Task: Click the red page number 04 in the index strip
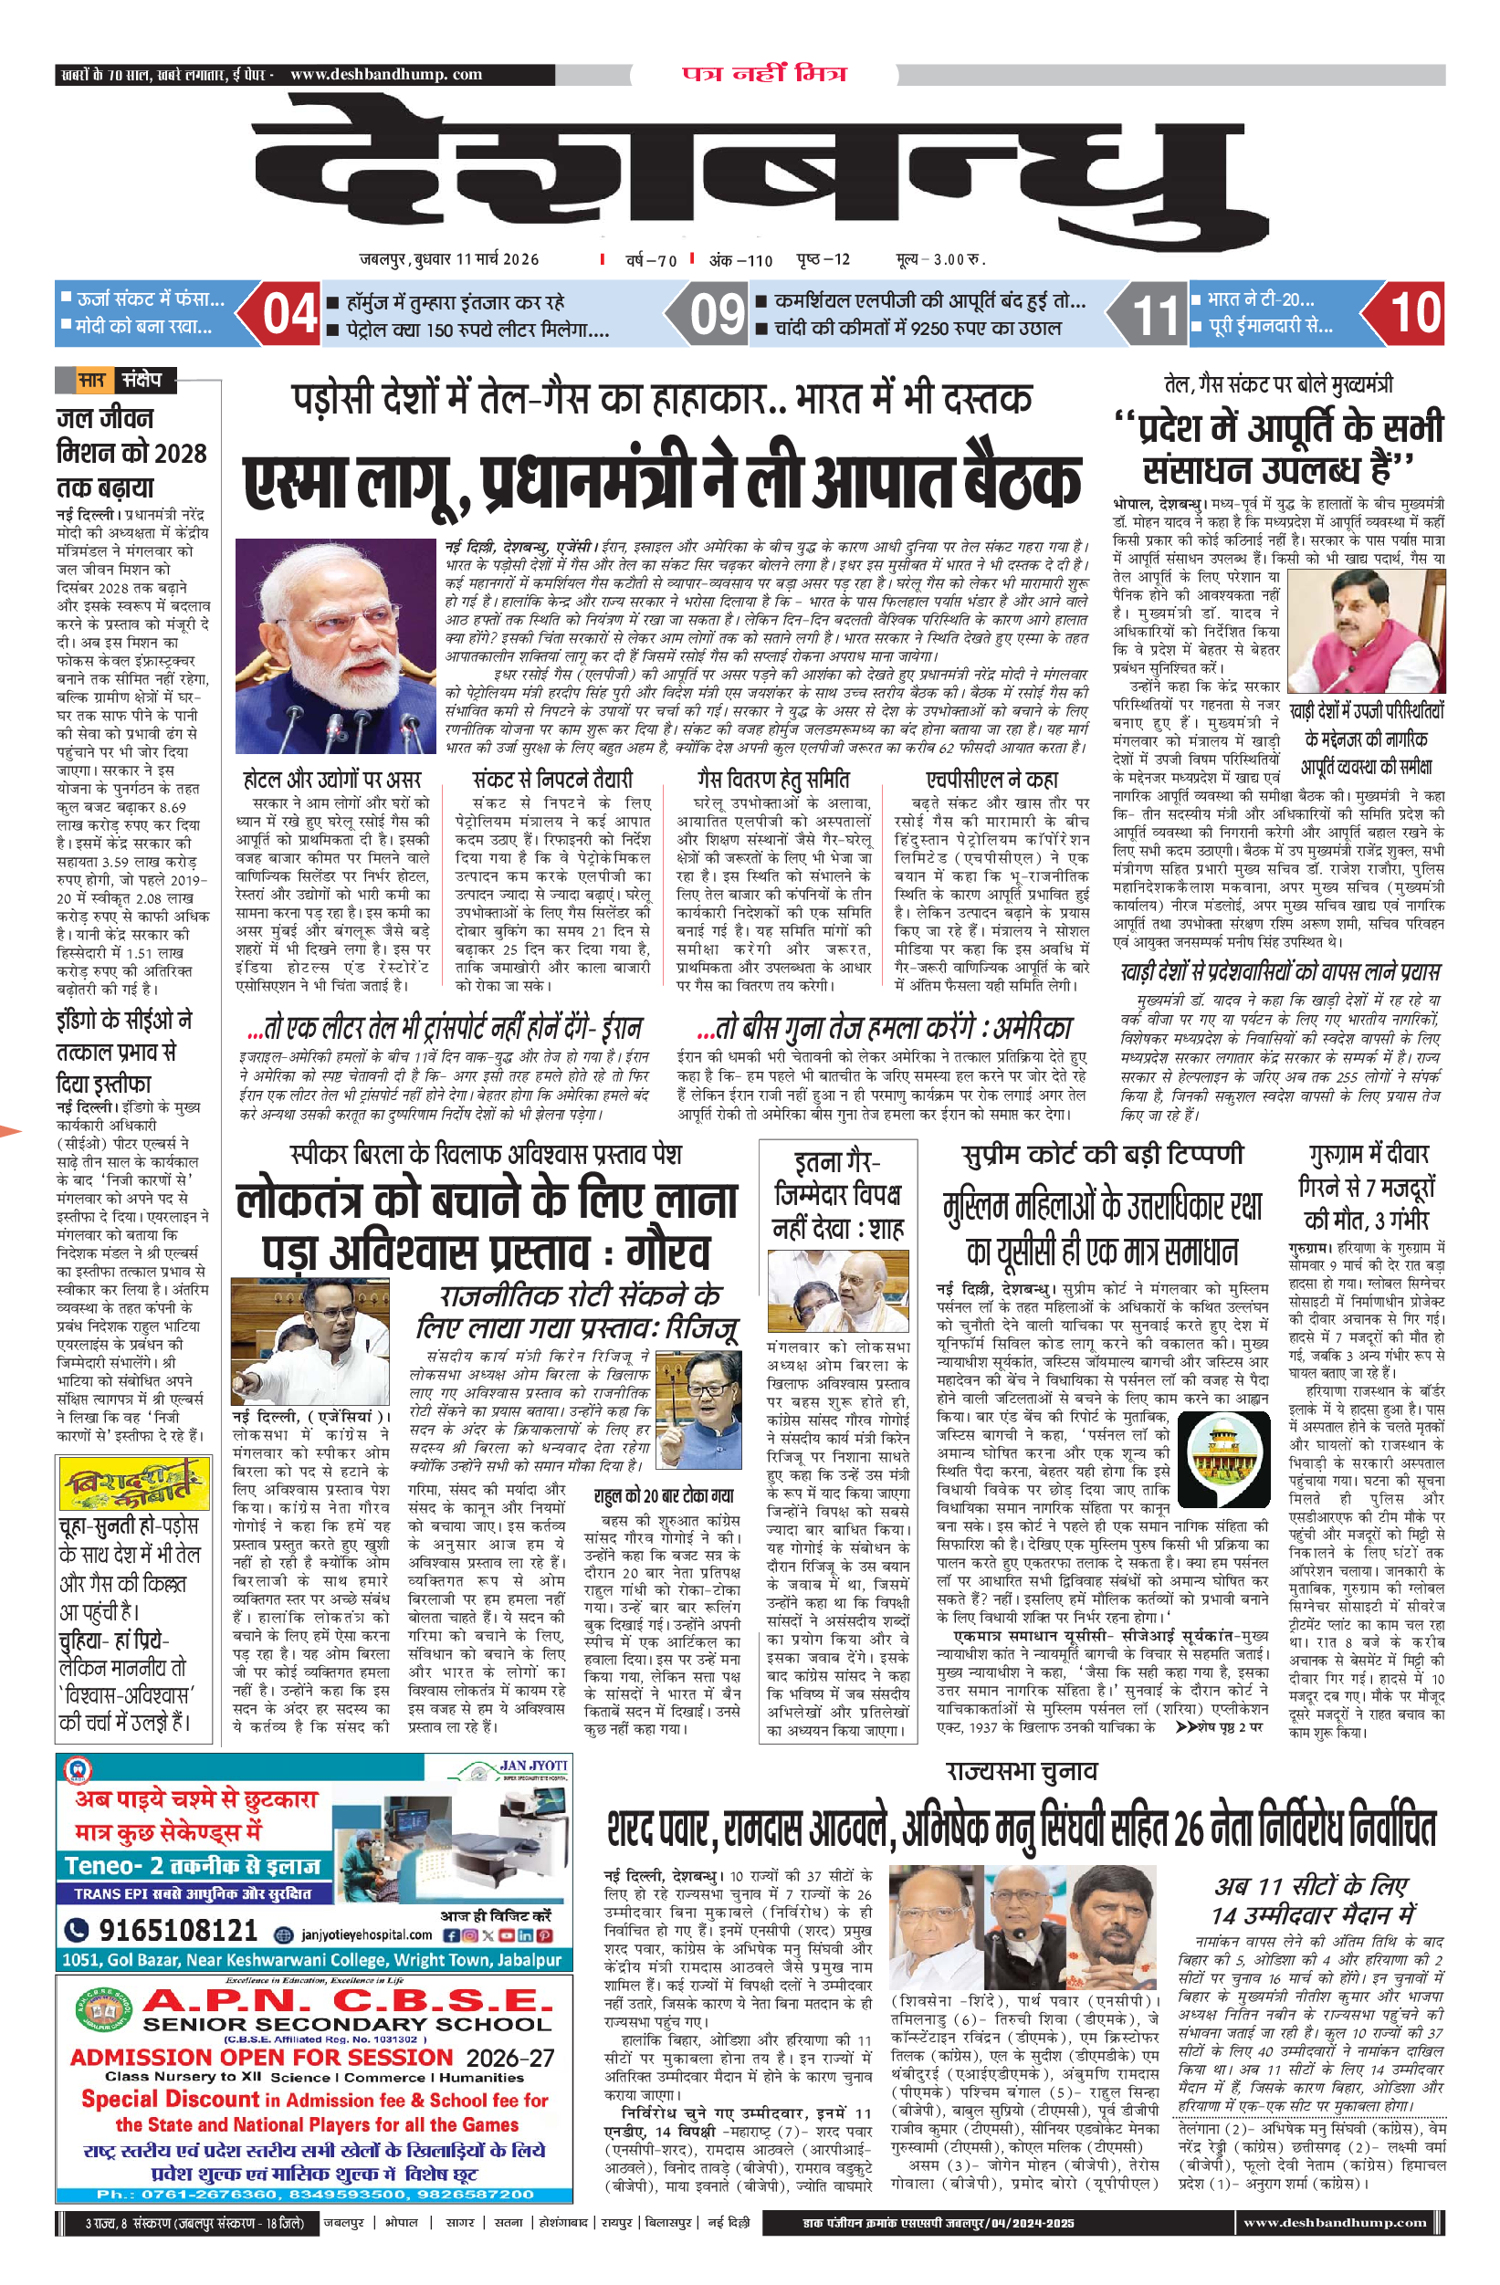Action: click(x=290, y=314)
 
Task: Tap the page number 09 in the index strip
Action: click(x=718, y=314)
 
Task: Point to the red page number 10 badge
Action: click(x=1415, y=313)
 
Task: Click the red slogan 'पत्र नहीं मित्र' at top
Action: click(x=764, y=74)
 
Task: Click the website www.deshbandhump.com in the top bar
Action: click(x=386, y=74)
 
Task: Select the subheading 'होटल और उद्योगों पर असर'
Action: click(x=332, y=779)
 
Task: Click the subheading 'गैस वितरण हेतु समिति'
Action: click(x=773, y=779)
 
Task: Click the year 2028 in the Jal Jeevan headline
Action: click(x=181, y=453)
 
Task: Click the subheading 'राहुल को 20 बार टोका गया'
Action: click(x=664, y=1496)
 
